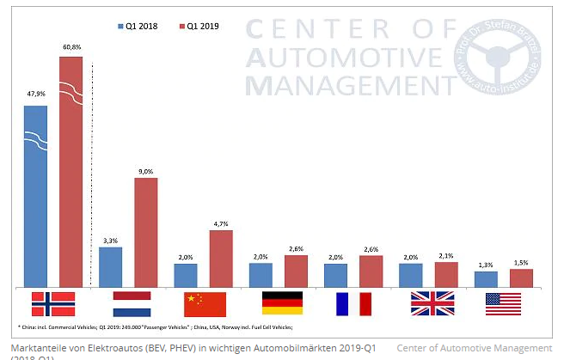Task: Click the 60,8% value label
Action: click(70, 47)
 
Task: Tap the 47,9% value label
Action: click(35, 95)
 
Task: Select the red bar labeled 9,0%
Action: click(146, 232)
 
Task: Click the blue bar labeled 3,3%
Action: click(111, 266)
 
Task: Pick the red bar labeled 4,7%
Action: click(221, 258)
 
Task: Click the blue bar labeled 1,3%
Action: click(486, 278)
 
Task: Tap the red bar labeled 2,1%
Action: click(447, 274)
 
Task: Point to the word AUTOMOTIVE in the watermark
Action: click(342, 58)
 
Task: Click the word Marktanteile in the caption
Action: click(35, 348)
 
